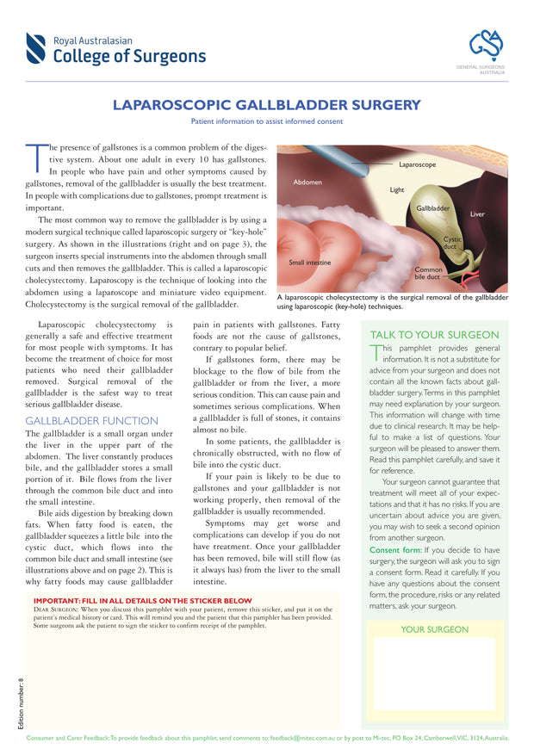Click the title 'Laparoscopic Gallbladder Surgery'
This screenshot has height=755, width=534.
(267, 106)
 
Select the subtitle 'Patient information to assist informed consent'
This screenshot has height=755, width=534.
(267, 122)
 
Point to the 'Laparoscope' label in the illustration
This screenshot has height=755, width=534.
(417, 164)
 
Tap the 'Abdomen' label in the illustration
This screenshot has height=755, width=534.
(307, 183)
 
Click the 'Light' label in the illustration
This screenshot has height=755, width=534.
(396, 190)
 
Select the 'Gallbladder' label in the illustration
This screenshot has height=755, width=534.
(433, 208)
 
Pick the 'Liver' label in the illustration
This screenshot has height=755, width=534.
(477, 214)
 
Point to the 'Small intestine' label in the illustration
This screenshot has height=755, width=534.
(309, 262)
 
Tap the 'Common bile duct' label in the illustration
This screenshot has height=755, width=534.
(428, 274)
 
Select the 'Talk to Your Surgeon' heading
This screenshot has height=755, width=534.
(434, 334)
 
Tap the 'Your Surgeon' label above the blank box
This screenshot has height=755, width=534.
(435, 629)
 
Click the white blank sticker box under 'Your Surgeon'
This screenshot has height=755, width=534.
(434, 673)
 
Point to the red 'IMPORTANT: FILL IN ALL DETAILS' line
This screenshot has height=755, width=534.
(142, 600)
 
